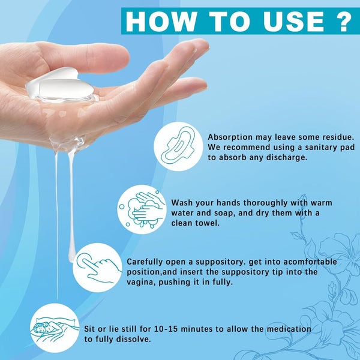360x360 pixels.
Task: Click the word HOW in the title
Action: [157, 20]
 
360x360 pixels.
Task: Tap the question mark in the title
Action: [343, 20]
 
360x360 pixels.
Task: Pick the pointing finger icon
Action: [98, 267]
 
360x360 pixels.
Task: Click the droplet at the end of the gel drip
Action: [71, 256]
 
